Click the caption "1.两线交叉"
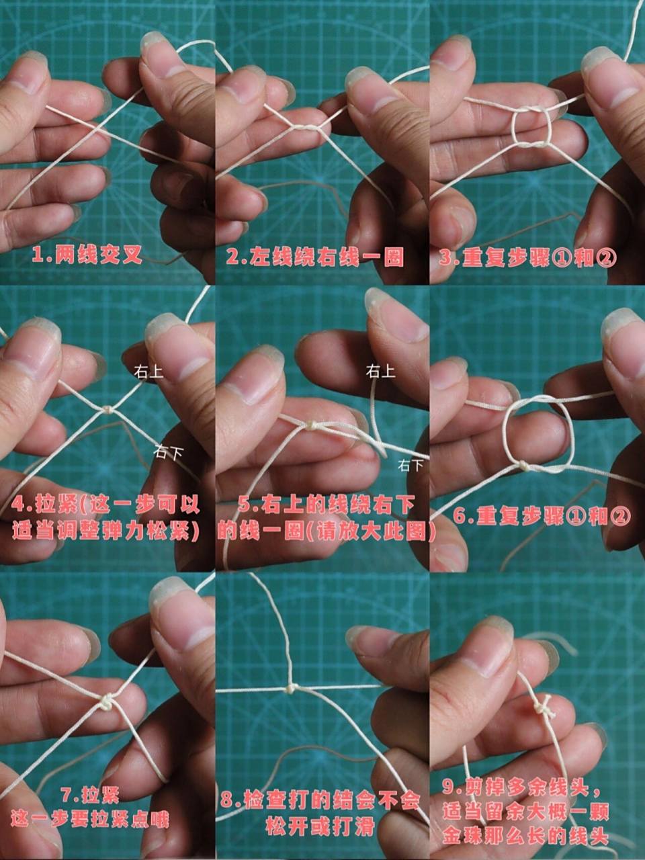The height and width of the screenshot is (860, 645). click(88, 255)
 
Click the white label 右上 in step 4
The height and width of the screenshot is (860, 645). click(148, 371)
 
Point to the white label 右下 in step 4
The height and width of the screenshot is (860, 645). click(168, 452)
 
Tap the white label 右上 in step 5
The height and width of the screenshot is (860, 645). click(380, 370)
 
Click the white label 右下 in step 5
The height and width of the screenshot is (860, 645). click(412, 464)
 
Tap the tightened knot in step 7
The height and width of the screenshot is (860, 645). click(107, 702)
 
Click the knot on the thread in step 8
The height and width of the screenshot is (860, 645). click(291, 688)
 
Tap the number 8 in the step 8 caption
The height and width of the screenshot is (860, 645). click(227, 801)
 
